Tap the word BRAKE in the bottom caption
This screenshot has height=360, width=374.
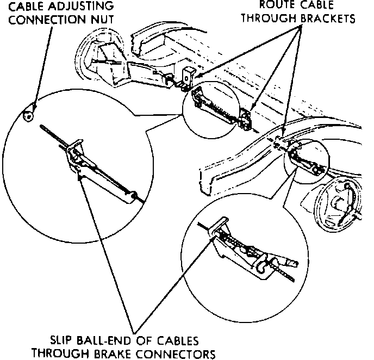click(120, 353)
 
